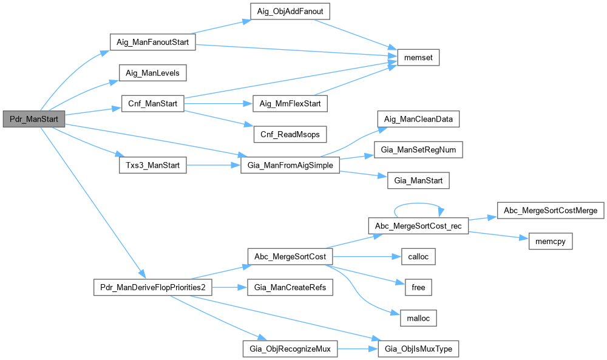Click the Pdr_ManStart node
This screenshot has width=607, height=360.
(33, 119)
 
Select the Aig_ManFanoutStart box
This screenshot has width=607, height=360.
(152, 43)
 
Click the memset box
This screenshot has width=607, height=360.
(417, 58)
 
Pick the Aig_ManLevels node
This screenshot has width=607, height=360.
(152, 73)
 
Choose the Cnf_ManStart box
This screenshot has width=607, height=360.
(152, 104)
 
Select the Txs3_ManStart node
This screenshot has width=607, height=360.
(152, 165)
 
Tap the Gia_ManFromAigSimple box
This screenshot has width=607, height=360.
(290, 165)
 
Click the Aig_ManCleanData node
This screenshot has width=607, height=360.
(418, 119)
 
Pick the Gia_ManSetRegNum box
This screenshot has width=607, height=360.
(418, 149)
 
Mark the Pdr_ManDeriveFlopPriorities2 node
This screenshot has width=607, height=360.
(152, 287)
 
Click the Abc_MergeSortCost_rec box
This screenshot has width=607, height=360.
(418, 226)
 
